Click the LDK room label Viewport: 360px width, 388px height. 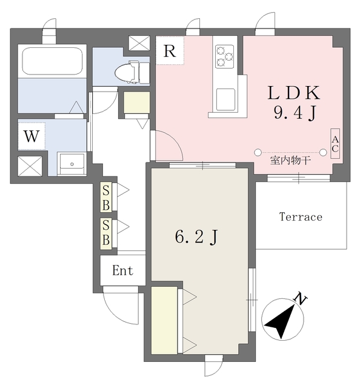294,93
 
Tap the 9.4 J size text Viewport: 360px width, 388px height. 295,113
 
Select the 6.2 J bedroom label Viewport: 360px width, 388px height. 196,236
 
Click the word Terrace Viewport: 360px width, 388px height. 301,217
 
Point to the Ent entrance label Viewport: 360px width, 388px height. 122,270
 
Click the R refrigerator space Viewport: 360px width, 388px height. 170,50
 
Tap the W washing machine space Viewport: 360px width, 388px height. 32,136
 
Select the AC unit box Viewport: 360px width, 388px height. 335,144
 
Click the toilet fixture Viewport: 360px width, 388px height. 132,72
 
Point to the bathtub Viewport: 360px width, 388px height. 52,61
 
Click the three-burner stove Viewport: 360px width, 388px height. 224,56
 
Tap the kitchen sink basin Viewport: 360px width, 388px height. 225,99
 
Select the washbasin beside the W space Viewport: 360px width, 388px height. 72,164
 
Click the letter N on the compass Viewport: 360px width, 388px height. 301,299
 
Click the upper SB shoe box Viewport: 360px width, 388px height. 106,197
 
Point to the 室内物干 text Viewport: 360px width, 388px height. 290,161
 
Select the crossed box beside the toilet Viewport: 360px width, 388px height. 139,43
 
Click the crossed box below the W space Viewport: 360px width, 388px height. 30,166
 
